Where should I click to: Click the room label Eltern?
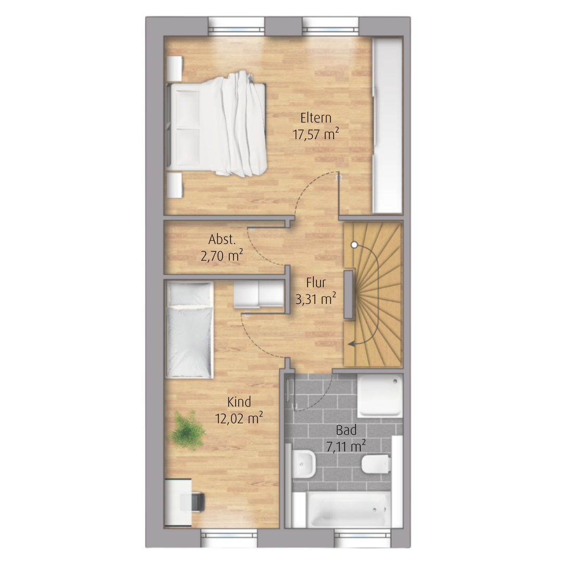pos(315,118)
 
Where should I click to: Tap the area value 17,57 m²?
pos(315,134)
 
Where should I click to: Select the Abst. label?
pos(222,239)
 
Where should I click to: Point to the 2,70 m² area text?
pos(222,255)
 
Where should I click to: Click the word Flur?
pos(315,283)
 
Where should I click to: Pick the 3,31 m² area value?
pos(315,299)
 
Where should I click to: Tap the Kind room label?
pos(239,402)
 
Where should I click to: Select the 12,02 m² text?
pos(239,418)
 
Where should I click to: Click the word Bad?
pos(346,430)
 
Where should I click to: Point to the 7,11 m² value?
pos(346,447)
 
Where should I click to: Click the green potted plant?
pos(186,430)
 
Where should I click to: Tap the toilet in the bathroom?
pos(375,464)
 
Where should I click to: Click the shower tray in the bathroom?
pos(380,396)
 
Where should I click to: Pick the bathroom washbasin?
pos(303,464)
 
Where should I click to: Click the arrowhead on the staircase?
pos(352,344)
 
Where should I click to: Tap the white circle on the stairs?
pos(354,245)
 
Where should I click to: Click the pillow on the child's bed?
pos(189,293)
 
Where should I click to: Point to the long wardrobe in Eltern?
pos(388,125)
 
